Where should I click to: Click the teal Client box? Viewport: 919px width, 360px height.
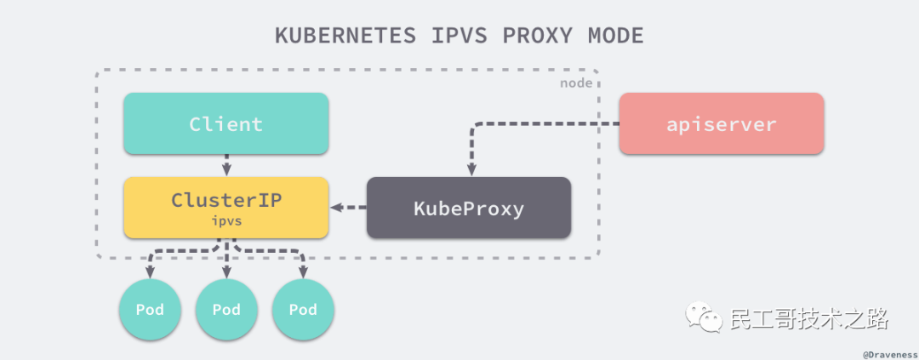(225, 123)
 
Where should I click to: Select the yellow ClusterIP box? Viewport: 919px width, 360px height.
(225, 207)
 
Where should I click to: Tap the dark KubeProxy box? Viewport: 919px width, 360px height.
(468, 208)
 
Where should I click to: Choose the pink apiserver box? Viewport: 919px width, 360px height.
(721, 123)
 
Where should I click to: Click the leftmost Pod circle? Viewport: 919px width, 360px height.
(150, 310)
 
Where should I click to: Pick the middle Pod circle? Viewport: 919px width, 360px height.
(226, 310)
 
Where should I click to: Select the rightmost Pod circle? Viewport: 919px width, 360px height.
(303, 310)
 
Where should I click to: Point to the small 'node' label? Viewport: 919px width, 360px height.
(576, 83)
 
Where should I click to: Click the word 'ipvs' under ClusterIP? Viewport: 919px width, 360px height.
(226, 220)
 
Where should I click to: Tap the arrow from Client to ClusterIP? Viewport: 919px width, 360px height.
(226, 165)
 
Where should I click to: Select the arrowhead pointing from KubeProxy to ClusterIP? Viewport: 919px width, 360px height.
(337, 207)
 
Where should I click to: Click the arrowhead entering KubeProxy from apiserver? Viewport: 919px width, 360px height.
(469, 170)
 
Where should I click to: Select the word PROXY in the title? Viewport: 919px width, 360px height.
(540, 36)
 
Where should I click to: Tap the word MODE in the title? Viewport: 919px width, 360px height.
(615, 36)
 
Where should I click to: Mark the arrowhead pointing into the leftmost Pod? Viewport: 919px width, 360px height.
(150, 272)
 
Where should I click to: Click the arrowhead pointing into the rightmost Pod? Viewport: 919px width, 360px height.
(303, 272)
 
